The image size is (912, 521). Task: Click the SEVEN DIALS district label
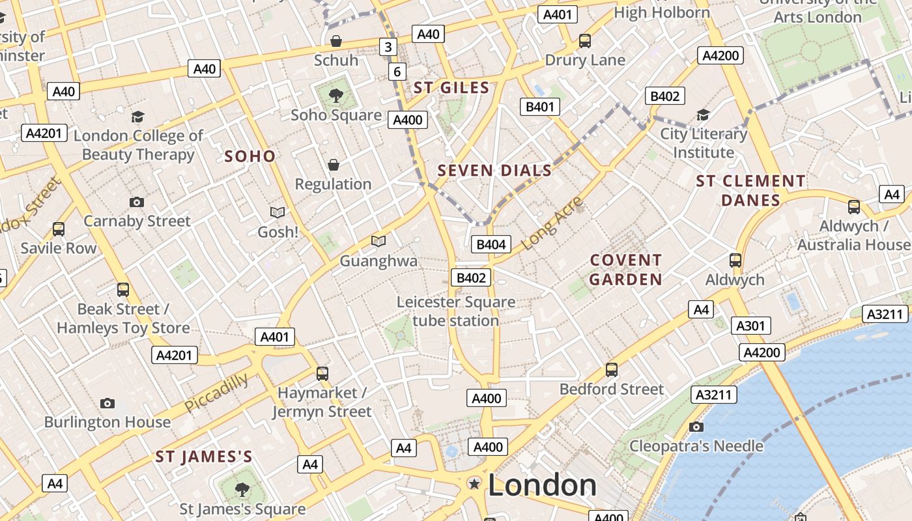pos(494,171)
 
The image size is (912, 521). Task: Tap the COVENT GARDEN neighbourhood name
pos(625,270)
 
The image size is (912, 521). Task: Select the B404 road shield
pos(491,244)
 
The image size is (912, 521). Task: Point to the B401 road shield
pos(539,107)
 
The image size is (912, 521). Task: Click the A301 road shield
pos(751,326)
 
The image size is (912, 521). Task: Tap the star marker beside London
pos(475,483)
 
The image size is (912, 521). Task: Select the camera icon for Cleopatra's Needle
pos(696,427)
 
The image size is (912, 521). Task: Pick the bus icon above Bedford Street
pos(611,370)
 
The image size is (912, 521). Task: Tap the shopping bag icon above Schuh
pos(336,41)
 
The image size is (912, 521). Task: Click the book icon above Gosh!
pos(278,212)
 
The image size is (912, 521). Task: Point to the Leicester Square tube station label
pos(456,311)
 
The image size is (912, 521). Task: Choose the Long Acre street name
pos(552,223)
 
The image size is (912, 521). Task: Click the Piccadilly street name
pos(216,392)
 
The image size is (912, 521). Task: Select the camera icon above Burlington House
pos(107,404)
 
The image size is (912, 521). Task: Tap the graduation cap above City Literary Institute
pos(703,115)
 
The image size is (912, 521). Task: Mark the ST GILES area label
pos(451,88)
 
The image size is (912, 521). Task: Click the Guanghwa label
pos(378,261)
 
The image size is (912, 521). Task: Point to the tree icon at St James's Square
pos(242,489)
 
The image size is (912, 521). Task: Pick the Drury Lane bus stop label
pos(584,60)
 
